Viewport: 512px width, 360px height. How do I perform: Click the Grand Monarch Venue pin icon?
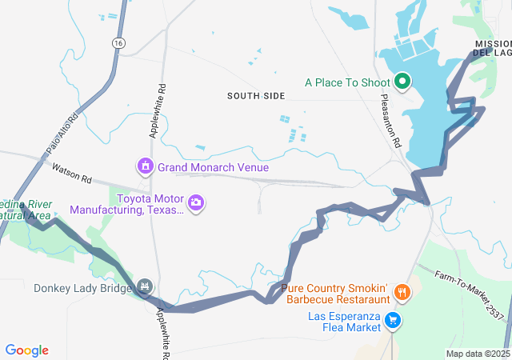click(145, 166)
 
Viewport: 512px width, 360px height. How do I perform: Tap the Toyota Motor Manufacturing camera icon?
click(196, 204)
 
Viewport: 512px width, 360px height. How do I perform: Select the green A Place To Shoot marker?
click(401, 82)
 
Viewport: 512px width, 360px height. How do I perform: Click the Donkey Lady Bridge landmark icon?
click(145, 286)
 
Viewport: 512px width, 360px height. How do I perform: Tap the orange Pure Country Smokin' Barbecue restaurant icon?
click(402, 294)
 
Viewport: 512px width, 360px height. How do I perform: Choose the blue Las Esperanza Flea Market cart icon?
click(393, 321)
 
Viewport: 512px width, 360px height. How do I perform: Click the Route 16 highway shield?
click(118, 42)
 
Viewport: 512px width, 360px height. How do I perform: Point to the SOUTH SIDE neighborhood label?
click(255, 96)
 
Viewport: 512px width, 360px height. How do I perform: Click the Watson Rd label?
click(72, 170)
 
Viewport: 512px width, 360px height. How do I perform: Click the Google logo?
click(26, 350)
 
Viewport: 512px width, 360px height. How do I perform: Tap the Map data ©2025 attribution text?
click(478, 354)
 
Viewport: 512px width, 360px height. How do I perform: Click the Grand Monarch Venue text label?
click(213, 167)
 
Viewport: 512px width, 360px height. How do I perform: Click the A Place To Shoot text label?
click(346, 82)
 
